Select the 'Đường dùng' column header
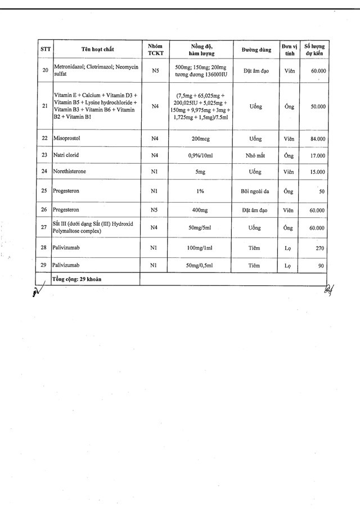coord(256,50)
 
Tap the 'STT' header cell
coord(46,50)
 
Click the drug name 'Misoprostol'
coord(69,138)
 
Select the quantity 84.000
coord(317,138)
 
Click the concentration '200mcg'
coord(200,138)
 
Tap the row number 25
coord(45,191)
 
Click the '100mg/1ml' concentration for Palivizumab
coord(200,248)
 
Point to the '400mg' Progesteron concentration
coord(200,211)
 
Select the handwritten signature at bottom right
coord(329,290)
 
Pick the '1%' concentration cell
coord(200,191)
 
